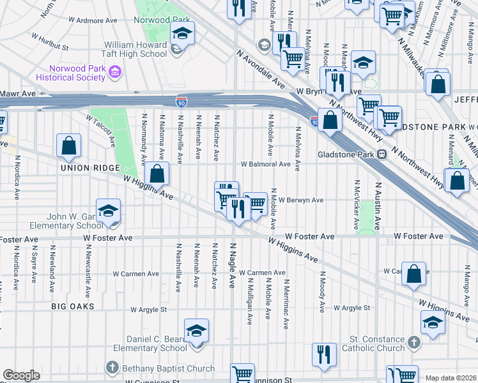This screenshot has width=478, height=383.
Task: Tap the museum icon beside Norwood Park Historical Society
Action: [x=116, y=73]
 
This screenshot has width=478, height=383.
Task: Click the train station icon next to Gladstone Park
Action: [x=382, y=154]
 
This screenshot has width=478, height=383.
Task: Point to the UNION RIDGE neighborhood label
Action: [x=90, y=168]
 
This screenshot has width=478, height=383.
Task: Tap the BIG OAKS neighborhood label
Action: [x=73, y=306]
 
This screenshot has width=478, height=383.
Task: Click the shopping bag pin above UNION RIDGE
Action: [x=68, y=146]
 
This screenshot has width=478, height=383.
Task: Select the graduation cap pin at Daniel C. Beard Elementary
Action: [x=196, y=331]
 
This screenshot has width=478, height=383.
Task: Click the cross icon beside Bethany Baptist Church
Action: [x=112, y=368]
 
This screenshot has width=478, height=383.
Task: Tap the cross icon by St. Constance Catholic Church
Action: [x=413, y=343]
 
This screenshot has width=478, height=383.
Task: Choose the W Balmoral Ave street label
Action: [x=266, y=164]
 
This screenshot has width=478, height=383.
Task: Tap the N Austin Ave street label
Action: [x=378, y=207]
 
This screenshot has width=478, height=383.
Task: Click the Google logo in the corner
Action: [x=21, y=375]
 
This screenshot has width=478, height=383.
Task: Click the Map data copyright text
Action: [x=451, y=378]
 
